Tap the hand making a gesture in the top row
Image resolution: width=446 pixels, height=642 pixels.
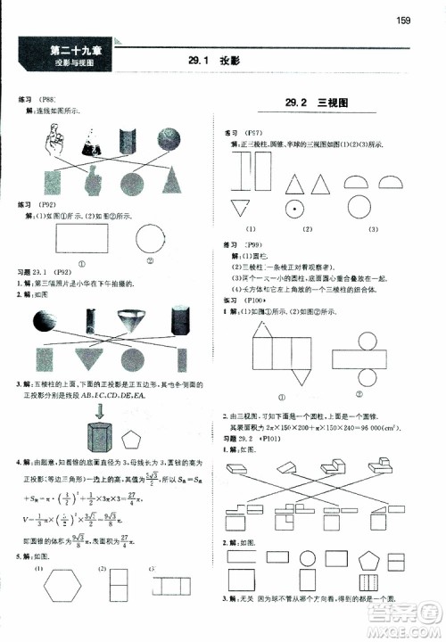(x=58, y=137)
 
